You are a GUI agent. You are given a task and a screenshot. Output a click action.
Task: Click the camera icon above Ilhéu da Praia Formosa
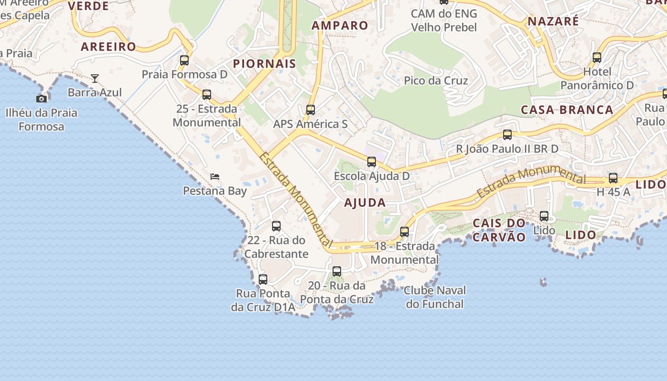point(41,99)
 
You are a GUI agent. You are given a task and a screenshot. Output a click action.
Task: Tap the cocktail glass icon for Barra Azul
point(95,79)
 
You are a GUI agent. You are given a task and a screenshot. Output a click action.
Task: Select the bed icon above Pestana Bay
point(215,177)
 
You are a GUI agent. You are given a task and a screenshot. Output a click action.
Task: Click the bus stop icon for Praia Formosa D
point(184,60)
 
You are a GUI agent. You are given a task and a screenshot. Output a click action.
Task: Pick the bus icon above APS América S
point(311,110)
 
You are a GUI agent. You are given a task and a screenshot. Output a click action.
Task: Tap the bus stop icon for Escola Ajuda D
point(372,162)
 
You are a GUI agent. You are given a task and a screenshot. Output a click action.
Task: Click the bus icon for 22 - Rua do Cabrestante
point(276,226)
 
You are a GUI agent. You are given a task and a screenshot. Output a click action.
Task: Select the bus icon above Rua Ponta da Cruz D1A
point(263,280)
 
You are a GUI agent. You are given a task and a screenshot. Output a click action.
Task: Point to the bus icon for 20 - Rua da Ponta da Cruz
point(337,271)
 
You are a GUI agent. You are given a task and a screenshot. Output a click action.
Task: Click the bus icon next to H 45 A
point(613,179)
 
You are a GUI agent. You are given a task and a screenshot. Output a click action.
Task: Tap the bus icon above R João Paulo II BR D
point(507,135)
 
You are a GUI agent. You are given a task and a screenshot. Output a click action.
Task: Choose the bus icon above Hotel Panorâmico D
point(597,58)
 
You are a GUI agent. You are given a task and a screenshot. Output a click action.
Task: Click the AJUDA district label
point(365,203)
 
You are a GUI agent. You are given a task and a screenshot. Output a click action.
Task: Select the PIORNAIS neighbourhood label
point(264,64)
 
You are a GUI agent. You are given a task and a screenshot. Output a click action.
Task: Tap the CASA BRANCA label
point(567,110)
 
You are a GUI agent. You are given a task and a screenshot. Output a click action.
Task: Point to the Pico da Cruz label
point(436,80)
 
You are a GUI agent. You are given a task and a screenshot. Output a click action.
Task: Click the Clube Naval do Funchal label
point(435,297)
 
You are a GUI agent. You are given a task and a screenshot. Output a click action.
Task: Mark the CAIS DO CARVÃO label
point(499,230)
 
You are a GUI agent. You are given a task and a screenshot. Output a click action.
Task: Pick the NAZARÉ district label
point(553,21)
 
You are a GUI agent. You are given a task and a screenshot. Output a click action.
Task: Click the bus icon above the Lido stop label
point(544,216)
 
